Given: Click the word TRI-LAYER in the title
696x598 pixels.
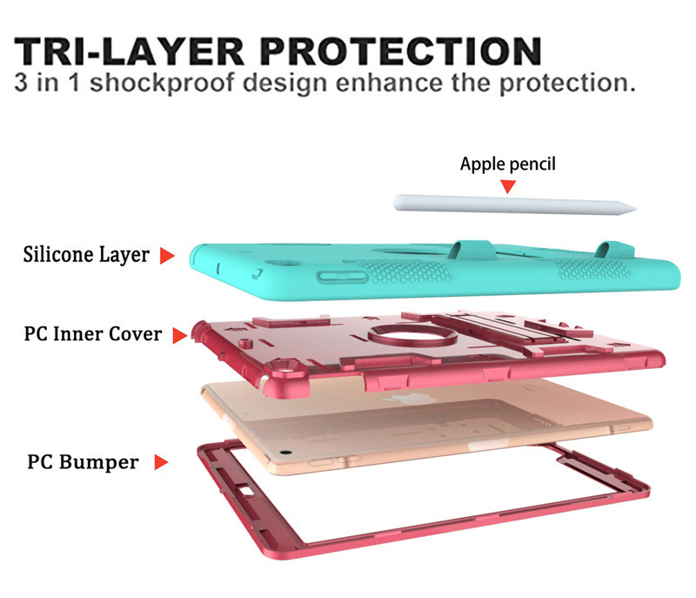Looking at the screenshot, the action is [x=129, y=51].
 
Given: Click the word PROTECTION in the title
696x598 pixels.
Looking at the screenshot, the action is [x=401, y=51].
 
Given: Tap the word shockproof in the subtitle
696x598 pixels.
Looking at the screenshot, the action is [x=162, y=84].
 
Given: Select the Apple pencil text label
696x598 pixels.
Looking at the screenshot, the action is [x=507, y=164].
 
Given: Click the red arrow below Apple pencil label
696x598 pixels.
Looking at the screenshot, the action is [x=508, y=186].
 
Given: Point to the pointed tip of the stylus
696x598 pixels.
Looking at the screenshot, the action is [x=635, y=208].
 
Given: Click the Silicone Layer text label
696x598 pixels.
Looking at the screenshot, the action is [x=86, y=254].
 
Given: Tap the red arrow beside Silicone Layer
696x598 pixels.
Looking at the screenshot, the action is [x=167, y=256].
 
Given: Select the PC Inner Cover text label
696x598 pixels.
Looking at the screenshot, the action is [x=93, y=334].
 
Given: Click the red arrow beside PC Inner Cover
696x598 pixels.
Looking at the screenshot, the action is [x=180, y=336].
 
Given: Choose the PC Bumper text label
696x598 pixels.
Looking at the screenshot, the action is [x=83, y=461].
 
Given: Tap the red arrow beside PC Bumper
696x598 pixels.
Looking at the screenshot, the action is [x=161, y=462].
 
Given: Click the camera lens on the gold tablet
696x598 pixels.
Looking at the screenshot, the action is [x=285, y=453].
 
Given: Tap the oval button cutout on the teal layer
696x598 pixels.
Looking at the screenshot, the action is [x=342, y=277].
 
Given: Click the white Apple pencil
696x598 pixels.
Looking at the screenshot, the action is [x=515, y=205].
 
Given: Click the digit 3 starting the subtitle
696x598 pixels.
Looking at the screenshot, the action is [x=20, y=83].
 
